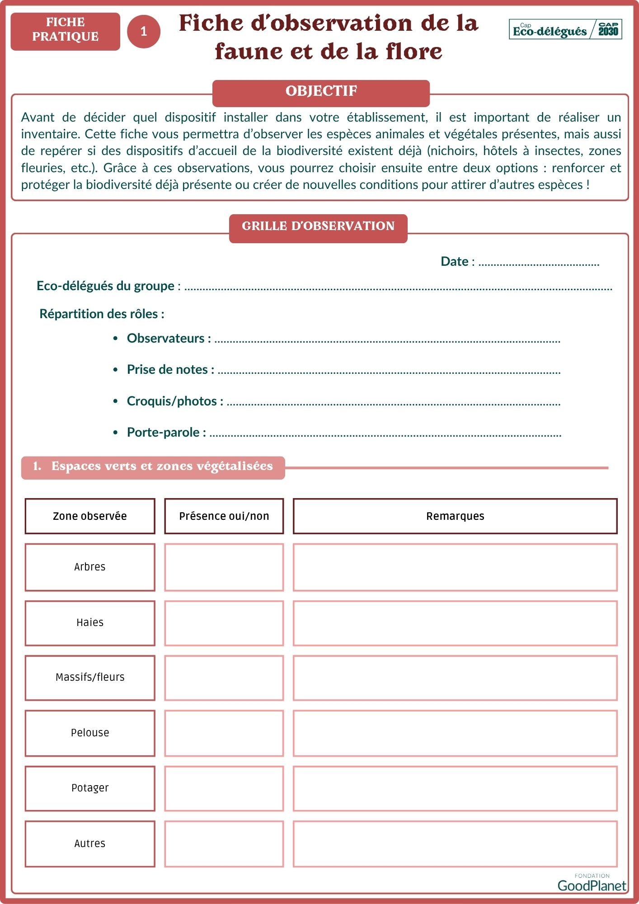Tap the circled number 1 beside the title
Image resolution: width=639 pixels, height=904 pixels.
pyautogui.click(x=144, y=31)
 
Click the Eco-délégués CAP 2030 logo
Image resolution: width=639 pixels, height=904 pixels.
pyautogui.click(x=565, y=30)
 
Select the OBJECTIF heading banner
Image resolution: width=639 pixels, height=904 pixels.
pyautogui.click(x=321, y=91)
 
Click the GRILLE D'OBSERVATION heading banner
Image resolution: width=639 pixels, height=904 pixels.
pyautogui.click(x=318, y=226)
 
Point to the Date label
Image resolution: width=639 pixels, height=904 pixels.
pyautogui.click(x=455, y=262)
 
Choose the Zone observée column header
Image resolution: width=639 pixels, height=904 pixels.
pyautogui.click(x=90, y=516)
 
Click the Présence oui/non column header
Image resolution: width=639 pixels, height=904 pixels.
pyautogui.click(x=224, y=516)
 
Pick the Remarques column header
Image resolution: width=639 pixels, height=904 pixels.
pyautogui.click(x=455, y=516)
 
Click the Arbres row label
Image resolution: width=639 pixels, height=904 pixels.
pyautogui.click(x=90, y=567)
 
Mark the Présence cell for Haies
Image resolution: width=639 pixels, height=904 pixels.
pyautogui.click(x=224, y=623)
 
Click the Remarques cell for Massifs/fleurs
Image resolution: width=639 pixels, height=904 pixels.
pyautogui.click(x=455, y=678)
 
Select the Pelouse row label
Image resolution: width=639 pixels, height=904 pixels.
pyautogui.click(x=90, y=733)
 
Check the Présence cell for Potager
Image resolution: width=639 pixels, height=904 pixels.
pyautogui.click(x=224, y=789)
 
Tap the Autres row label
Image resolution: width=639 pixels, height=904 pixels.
pyautogui.click(x=90, y=844)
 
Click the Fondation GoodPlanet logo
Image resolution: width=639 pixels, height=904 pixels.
pyautogui.click(x=592, y=883)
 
